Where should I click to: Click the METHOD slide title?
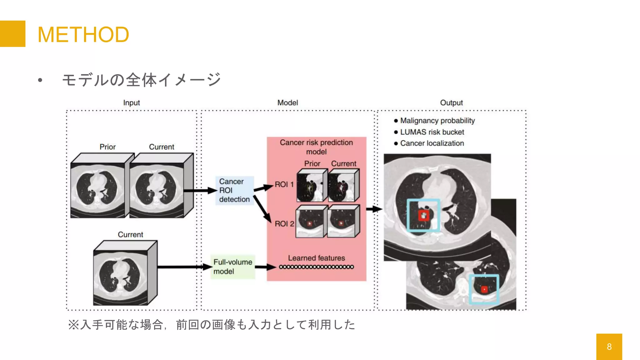coord(83,34)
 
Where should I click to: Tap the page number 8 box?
coord(609,347)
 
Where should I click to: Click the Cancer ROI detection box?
coord(234,190)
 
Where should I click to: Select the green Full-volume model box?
coord(233,267)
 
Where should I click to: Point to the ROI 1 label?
coord(284,185)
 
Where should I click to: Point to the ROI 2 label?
coord(284,224)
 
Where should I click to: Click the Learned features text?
coord(316,258)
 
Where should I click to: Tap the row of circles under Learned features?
coord(316,267)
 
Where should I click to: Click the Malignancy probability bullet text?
coord(437,121)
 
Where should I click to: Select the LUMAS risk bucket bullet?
coord(432,132)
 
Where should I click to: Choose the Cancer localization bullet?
coord(432,143)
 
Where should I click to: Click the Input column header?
coord(131,103)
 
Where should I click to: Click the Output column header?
coord(451,103)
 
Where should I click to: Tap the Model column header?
coord(287,103)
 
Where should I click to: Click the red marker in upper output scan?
coord(423,215)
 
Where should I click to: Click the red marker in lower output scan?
coord(484,289)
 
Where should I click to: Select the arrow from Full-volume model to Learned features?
coord(265,267)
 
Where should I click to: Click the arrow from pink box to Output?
coord(374,209)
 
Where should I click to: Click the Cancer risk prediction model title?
coord(316,147)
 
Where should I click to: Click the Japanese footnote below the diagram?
coord(212,325)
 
